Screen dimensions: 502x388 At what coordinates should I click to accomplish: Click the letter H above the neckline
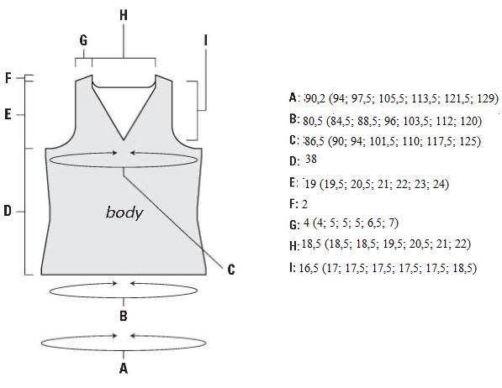tap(124, 15)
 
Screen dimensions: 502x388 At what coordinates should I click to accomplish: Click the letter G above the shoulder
tap(83, 40)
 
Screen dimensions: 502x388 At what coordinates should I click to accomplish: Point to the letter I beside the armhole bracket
tap(205, 40)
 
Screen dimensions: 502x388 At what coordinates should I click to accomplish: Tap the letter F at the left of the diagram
tap(8, 78)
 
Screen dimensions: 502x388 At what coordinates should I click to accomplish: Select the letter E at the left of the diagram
tap(8, 114)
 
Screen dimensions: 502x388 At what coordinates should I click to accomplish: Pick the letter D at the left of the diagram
tap(8, 211)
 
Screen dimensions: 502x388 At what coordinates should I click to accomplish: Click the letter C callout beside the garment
tap(231, 270)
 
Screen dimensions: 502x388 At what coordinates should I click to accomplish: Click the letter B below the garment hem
tap(124, 316)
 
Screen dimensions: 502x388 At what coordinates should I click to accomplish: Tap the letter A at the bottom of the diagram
tap(124, 368)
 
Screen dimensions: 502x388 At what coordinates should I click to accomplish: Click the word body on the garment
tap(124, 212)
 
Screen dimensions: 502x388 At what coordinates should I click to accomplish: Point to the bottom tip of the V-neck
tap(124, 139)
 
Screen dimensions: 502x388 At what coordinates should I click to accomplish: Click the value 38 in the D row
tap(311, 159)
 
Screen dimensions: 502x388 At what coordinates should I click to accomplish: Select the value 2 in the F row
tap(304, 204)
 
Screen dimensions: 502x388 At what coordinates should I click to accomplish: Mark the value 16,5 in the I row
tap(309, 268)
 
